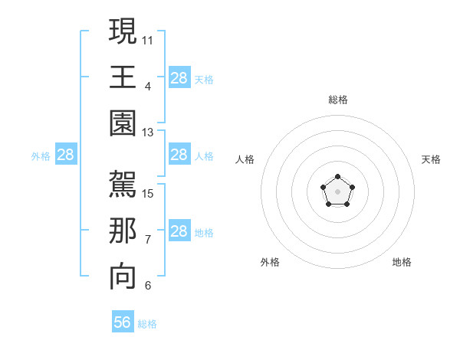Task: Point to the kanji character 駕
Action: pos(123,186)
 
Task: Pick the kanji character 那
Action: pos(123,232)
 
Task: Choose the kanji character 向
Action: pos(123,278)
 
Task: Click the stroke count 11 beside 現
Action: pos(147,39)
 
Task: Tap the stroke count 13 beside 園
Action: pos(147,133)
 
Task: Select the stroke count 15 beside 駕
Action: pos(147,193)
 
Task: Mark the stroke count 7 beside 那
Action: pos(147,240)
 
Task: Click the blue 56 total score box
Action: pos(123,322)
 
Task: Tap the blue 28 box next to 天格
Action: pos(179,78)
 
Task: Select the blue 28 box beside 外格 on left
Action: pos(66,155)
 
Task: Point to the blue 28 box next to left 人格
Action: pos(179,155)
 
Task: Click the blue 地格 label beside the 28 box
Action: pos(204,232)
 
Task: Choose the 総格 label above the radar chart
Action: pos(338,100)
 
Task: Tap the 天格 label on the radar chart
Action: pos(431,159)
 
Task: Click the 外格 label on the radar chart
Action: pos(270,262)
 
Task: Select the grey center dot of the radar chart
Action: pos(337,191)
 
